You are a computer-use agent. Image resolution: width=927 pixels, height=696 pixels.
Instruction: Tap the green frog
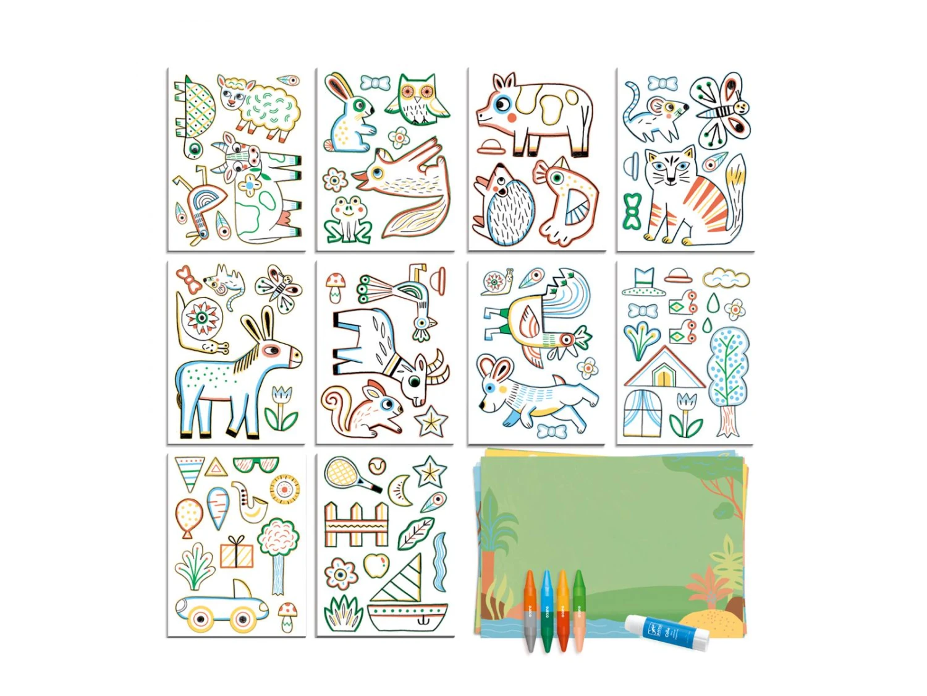point(349,218)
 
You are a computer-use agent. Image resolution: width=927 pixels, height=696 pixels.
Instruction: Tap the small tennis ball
point(377,465)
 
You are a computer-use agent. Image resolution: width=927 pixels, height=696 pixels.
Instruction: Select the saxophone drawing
point(249,501)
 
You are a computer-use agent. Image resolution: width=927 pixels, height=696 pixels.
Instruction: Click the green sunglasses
point(256,464)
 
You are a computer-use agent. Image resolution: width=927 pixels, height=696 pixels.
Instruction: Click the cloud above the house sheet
point(726,278)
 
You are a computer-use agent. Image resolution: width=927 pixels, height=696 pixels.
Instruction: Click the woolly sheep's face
point(232,96)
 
